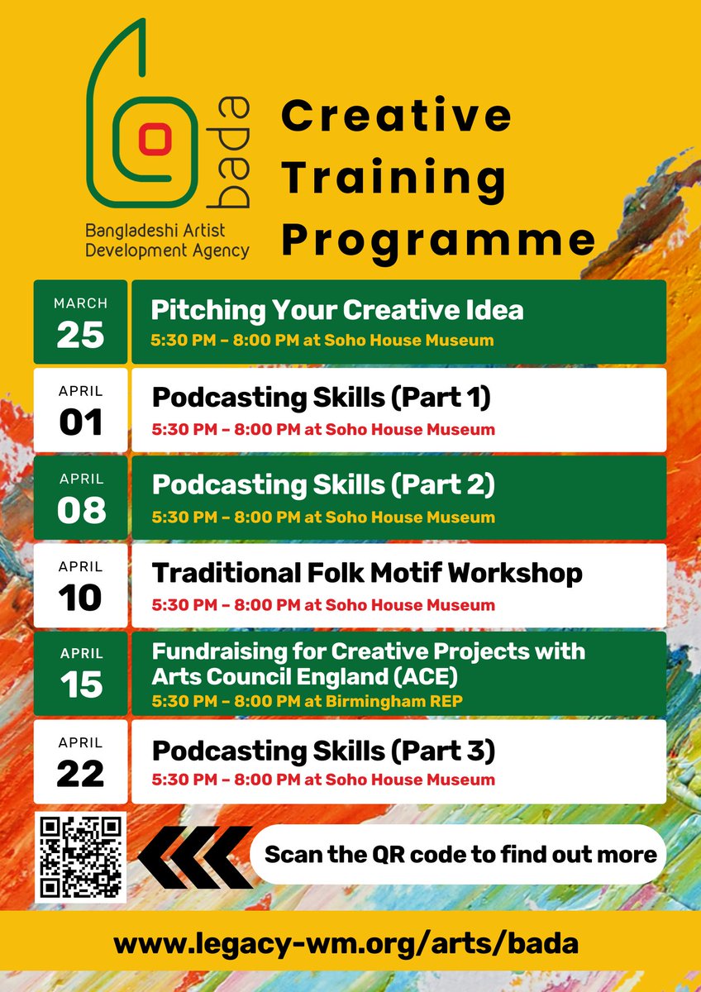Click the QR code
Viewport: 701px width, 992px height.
click(80, 856)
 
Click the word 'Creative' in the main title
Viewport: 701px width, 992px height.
click(396, 115)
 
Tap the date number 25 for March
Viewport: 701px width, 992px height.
click(80, 334)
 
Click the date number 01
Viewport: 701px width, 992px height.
click(80, 422)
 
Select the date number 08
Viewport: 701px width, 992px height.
click(80, 510)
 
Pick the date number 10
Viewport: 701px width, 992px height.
click(80, 598)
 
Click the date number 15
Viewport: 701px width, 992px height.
click(80, 684)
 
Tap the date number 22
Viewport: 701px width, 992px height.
click(80, 773)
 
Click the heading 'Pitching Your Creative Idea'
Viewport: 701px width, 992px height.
click(336, 310)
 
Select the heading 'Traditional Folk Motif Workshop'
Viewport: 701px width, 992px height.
click(367, 573)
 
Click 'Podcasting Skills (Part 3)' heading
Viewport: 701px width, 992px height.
click(323, 751)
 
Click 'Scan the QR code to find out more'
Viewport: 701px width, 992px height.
click(460, 855)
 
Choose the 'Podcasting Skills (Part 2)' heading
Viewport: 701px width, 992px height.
click(323, 485)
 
